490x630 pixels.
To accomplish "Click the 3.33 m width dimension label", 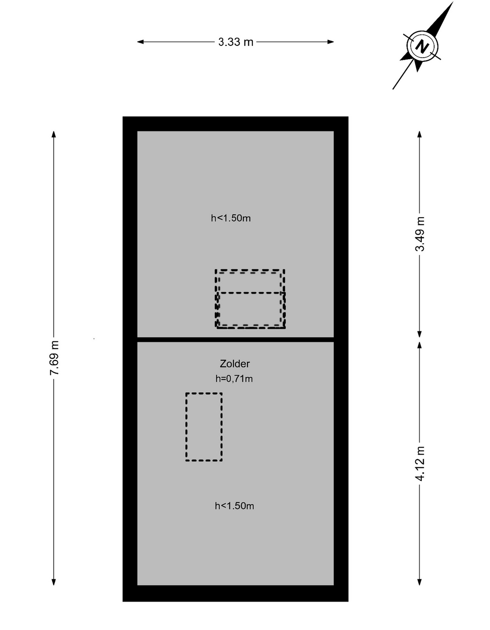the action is (x=236, y=42).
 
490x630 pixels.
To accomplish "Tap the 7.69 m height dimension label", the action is (x=54, y=358).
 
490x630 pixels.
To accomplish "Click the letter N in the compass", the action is (x=422, y=46).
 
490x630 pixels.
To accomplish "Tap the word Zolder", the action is (x=235, y=364).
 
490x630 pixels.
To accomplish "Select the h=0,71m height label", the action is (x=234, y=378).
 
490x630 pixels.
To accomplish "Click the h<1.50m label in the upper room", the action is (x=231, y=218).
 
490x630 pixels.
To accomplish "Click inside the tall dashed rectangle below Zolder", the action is (x=204, y=427).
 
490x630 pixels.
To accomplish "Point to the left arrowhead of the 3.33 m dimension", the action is (x=140, y=42).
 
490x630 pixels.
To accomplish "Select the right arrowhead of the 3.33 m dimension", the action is (x=331, y=42).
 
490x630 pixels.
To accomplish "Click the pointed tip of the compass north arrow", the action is (x=453, y=2).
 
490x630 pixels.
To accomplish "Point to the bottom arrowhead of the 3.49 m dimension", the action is (x=420, y=334).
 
